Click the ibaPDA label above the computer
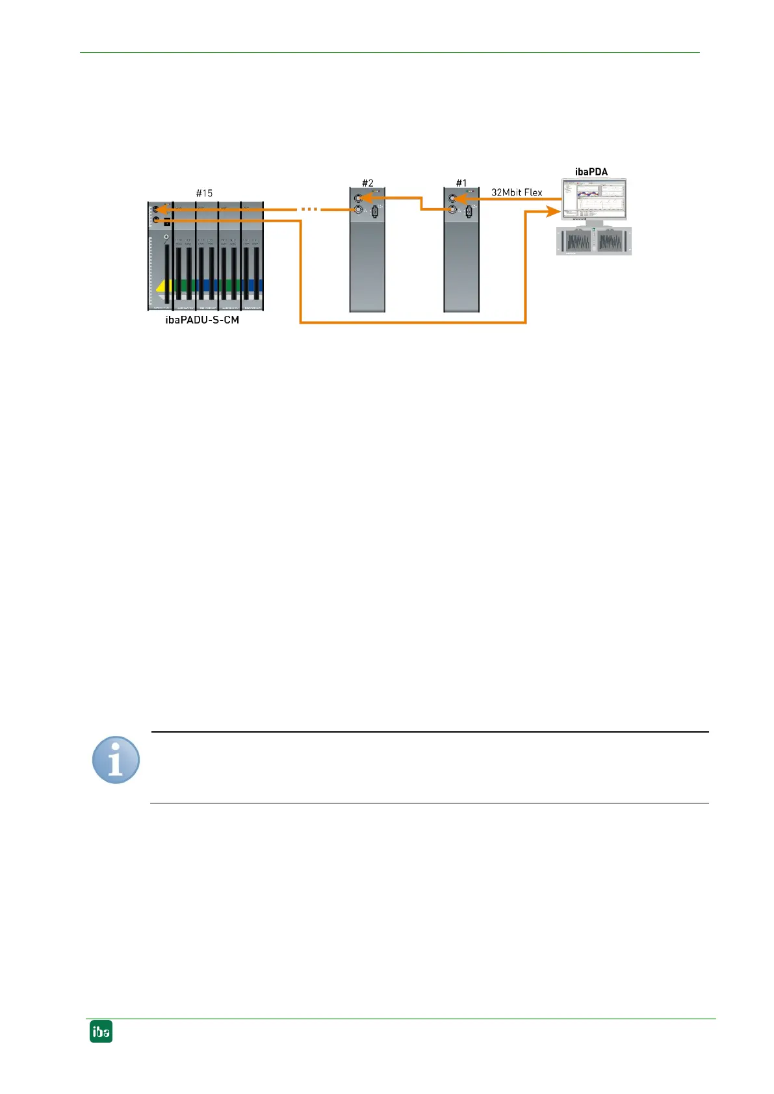coord(591,172)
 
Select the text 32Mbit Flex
coord(517,192)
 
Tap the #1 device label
coord(461,183)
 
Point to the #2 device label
coord(367,183)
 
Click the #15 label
coord(204,193)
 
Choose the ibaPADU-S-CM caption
coord(202,320)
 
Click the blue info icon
coord(116,760)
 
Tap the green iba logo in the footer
coord(101,1032)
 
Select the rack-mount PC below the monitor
coord(594,241)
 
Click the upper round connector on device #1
coord(453,198)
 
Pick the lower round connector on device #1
coord(453,209)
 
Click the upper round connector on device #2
coord(358,198)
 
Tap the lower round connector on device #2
coord(358,209)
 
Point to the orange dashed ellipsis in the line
coord(309,209)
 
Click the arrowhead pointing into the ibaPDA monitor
coord(554,211)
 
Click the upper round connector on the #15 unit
coord(155,209)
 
